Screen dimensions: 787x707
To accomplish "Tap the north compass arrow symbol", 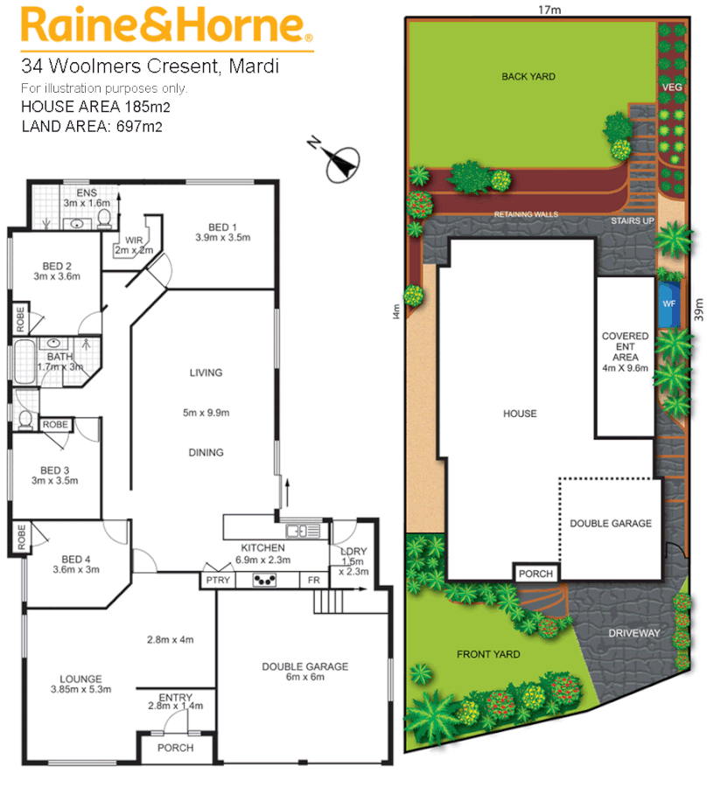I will tap(339, 162).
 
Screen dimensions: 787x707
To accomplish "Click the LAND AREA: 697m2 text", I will tap(92, 126).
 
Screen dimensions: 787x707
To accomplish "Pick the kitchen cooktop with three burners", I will tap(264, 579).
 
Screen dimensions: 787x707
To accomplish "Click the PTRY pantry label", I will tap(215, 580).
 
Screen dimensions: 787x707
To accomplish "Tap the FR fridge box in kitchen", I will tap(313, 580).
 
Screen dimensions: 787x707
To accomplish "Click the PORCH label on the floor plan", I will tap(174, 749).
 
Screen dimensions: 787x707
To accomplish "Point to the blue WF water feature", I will tap(669, 303).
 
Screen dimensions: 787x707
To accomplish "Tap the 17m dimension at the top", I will tap(549, 10).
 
